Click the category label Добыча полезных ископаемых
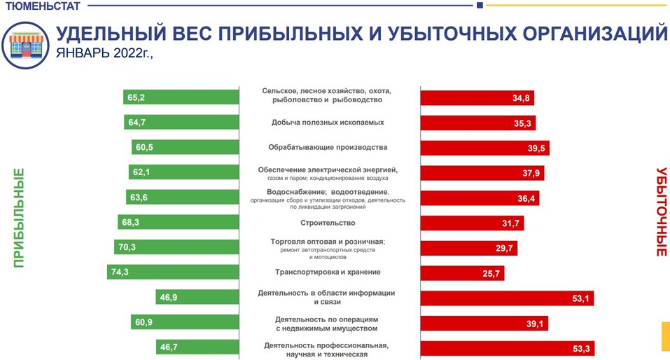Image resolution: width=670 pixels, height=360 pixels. (x=327, y=123)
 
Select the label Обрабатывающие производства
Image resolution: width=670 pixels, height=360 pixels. (x=327, y=148)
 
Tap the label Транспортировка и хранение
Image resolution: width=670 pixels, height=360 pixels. (x=327, y=272)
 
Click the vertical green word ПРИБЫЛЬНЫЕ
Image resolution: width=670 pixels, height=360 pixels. (x=19, y=218)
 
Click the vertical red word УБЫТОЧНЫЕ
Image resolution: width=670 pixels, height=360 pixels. (x=660, y=212)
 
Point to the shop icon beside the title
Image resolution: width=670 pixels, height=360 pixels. (x=26, y=43)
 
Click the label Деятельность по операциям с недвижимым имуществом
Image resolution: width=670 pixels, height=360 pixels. (x=327, y=323)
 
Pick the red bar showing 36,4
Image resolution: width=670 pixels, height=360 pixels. (x=479, y=198)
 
